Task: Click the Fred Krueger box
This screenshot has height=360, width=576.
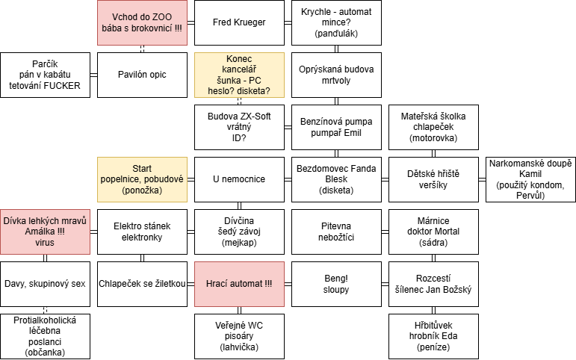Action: click(239, 22)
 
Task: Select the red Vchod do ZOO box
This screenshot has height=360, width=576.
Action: click(142, 22)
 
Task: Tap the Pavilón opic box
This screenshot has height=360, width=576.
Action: click(142, 75)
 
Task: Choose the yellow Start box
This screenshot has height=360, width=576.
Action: click(142, 180)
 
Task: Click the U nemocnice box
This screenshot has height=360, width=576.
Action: click(239, 180)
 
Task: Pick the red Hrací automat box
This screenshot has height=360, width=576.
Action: click(239, 284)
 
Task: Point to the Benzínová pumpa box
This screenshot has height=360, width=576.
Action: click(336, 127)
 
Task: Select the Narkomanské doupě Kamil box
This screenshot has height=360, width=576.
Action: click(530, 180)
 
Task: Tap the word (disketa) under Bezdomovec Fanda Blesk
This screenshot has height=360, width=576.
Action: click(336, 190)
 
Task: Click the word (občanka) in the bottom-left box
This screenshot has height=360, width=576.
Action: click(45, 353)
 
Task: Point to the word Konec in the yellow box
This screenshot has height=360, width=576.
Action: click(239, 59)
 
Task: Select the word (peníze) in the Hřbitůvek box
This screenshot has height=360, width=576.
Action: click(433, 347)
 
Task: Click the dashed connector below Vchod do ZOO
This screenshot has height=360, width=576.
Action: click(142, 49)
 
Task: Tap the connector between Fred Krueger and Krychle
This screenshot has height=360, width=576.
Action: click(288, 22)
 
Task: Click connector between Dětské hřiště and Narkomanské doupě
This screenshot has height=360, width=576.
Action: click(482, 180)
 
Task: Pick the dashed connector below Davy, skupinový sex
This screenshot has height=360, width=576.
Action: click(45, 310)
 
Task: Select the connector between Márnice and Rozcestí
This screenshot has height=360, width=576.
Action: click(433, 258)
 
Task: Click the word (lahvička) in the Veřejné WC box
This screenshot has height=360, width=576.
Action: click(239, 347)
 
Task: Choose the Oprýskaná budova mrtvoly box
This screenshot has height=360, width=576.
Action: click(336, 75)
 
